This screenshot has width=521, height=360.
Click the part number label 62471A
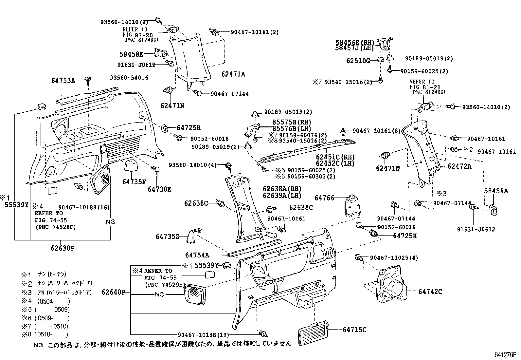pyautogui.click(x=233, y=74)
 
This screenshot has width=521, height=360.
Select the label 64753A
pyautogui.click(x=63, y=81)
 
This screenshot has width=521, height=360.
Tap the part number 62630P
pyautogui.click(x=63, y=248)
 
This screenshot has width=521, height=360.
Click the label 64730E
pyautogui.click(x=159, y=189)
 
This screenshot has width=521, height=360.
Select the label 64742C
pyautogui.click(x=430, y=291)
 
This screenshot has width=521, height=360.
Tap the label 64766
pyautogui.click(x=324, y=198)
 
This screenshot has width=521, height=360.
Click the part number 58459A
pyautogui.click(x=496, y=191)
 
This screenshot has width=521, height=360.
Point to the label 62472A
pyautogui.click(x=459, y=166)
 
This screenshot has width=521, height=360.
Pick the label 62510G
pyautogui.click(x=358, y=61)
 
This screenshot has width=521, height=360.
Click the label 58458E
pyautogui.click(x=132, y=54)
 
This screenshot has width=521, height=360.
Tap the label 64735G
pyautogui.click(x=167, y=236)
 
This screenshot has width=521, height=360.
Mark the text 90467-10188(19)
pyautogui.click(x=203, y=334)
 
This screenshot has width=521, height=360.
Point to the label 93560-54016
pyautogui.click(x=129, y=78)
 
